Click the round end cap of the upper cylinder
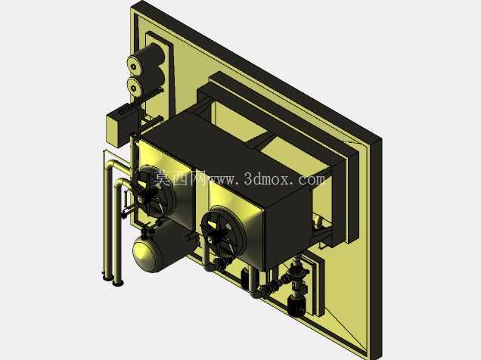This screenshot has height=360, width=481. click(134, 66)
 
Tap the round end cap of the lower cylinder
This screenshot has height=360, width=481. click(134, 88)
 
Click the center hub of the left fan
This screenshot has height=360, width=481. click(140, 200)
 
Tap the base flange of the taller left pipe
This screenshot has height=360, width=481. click(107, 278)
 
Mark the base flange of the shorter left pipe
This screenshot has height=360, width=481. click(118, 282)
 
